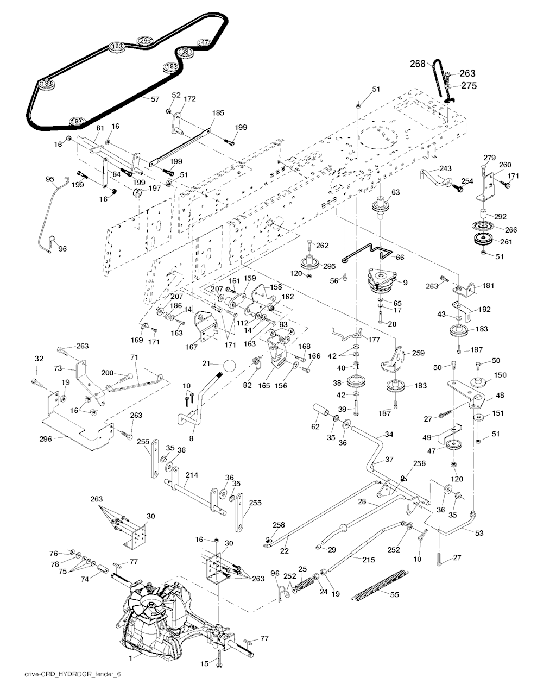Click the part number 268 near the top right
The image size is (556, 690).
point(417,64)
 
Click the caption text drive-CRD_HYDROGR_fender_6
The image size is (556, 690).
point(72,674)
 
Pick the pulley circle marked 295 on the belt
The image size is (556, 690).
point(145,41)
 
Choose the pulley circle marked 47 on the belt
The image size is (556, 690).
point(204,42)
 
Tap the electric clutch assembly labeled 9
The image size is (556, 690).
point(384,281)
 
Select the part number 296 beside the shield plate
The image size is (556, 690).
point(47,438)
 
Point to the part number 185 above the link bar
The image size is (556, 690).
point(218,113)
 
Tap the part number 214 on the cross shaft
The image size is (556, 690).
point(191,475)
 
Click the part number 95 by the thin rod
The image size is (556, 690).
point(50,179)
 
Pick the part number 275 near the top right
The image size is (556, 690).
point(469,85)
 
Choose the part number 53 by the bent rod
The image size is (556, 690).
point(479,533)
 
